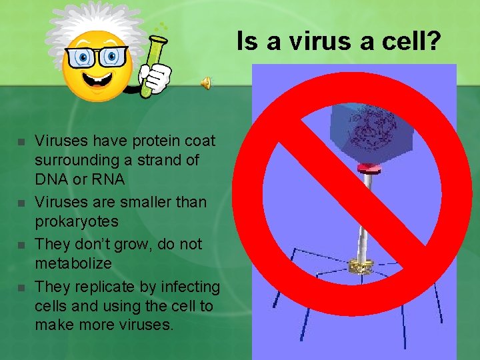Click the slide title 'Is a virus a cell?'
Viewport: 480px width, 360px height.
[339, 42]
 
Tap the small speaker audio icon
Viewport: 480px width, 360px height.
[207, 82]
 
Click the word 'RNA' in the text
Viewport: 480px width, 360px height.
[104, 180]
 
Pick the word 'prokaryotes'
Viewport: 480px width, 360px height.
[76, 221]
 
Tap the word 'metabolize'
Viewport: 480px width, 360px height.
[73, 263]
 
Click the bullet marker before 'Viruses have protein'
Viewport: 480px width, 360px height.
[21, 142]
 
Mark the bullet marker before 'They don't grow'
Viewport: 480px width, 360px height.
[21, 245]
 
